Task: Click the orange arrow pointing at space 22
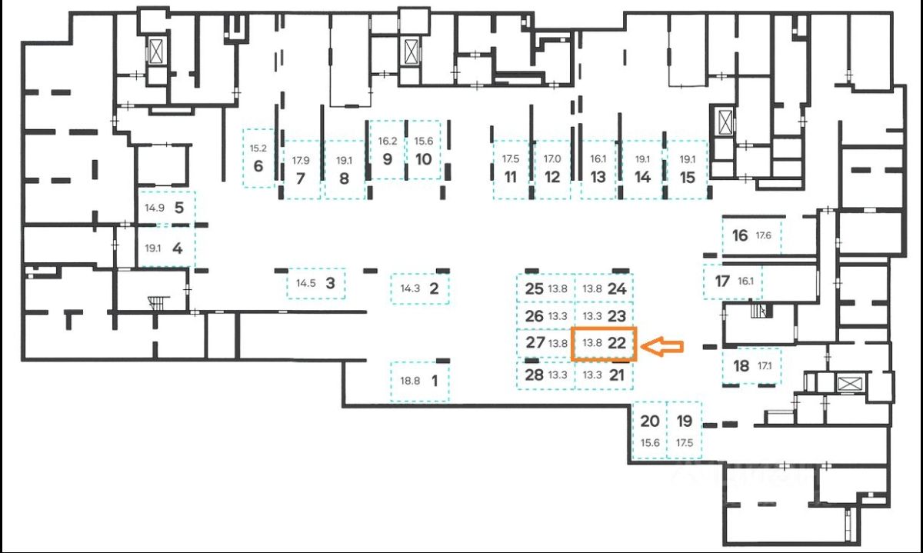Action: coord(662,347)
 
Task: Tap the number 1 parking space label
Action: coord(435,381)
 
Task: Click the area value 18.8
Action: coord(410,381)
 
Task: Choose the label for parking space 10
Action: coord(424,159)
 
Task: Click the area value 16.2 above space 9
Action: coord(388,141)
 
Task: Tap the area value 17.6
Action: coord(763,235)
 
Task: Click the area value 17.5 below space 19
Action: coord(685,442)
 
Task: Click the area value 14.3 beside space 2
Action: coord(410,288)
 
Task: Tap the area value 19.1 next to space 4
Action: coord(152,248)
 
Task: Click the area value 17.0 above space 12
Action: coord(552,158)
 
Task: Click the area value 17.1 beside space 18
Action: coord(765,365)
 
